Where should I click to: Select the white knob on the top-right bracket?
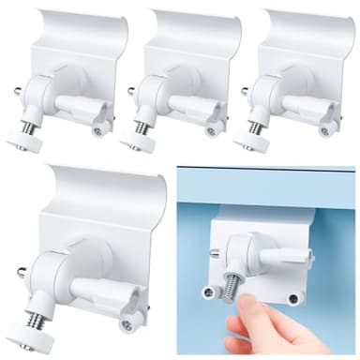tap(249, 140)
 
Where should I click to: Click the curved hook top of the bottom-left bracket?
tap(103, 183)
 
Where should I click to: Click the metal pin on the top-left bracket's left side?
tap(18, 91)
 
